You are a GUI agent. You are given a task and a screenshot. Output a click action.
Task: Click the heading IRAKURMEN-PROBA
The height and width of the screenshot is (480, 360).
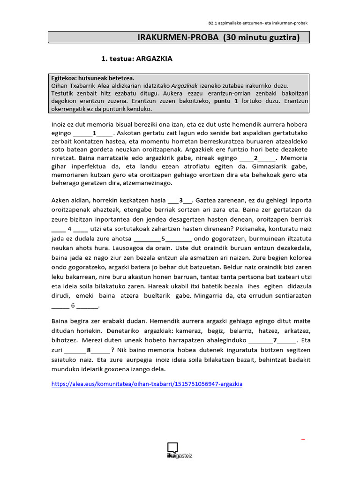pos(185,37)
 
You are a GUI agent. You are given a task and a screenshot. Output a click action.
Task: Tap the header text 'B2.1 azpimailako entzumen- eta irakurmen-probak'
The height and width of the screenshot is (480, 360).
pos(258,22)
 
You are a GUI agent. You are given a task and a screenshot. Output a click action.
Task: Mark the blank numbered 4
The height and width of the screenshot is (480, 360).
pos(69,229)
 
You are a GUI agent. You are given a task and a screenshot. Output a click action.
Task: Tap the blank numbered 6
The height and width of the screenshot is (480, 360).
pos(73,306)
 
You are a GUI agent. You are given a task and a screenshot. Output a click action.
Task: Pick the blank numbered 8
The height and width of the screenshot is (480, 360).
pos(88,350)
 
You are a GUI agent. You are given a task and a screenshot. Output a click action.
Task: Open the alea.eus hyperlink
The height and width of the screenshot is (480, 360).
pos(146,384)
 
